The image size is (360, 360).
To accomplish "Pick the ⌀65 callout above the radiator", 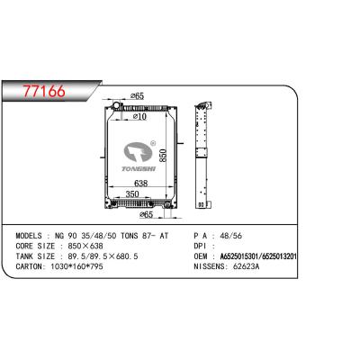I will click(139, 95).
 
